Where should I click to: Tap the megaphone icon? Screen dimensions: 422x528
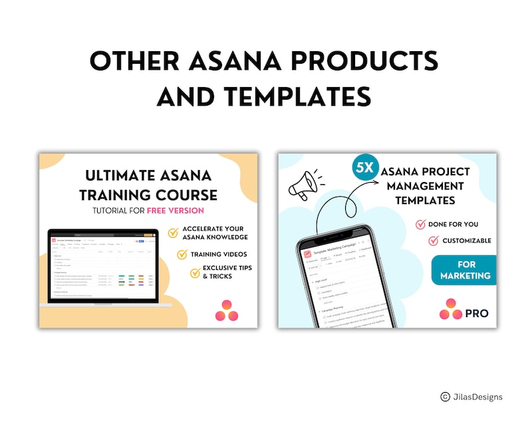tap(303, 184)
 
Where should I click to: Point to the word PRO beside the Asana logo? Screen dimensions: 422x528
tap(477, 313)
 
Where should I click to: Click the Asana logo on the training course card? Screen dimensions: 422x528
tap(227, 310)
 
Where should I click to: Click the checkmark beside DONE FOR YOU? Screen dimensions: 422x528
tap(420, 225)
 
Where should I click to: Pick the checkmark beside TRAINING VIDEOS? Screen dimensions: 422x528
tap(182, 254)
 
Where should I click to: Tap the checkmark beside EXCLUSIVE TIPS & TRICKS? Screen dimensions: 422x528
tap(195, 272)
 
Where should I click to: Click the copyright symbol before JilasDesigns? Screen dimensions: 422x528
tap(445, 397)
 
